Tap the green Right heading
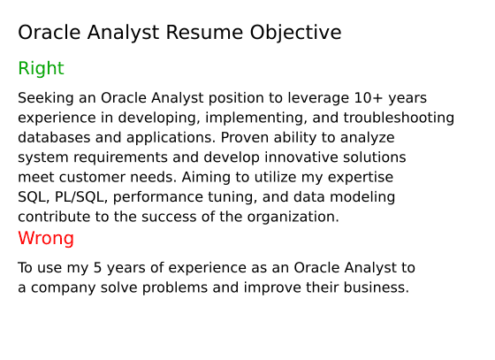pyautogui.click(x=41, y=69)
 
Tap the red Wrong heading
pyautogui.click(x=46, y=239)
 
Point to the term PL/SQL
pyautogui.click(x=80, y=197)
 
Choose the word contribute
pyautogui.click(x=55, y=217)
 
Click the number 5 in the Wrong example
pyautogui.click(x=97, y=268)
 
